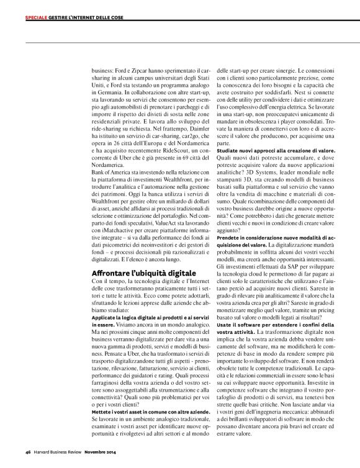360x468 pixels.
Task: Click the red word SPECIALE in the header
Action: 37,17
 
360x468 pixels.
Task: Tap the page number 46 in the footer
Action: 28,452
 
